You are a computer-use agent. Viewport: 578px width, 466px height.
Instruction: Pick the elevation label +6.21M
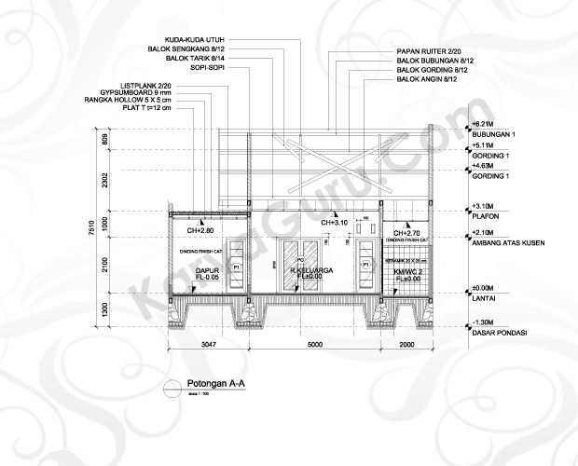click(483, 123)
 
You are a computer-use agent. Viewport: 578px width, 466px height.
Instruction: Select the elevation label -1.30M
click(483, 322)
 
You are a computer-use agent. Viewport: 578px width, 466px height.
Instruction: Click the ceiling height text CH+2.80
click(200, 228)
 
